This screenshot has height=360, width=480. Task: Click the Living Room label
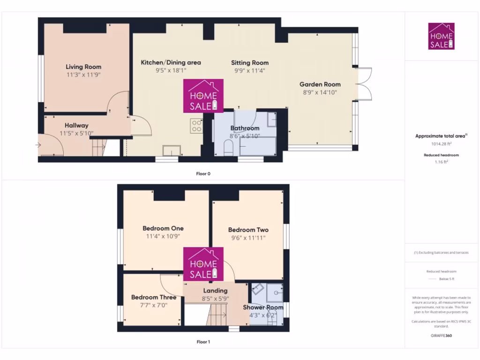pos(83,67)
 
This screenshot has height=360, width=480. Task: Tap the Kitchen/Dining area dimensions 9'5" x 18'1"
pos(171,71)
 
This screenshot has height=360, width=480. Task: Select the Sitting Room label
pos(250,63)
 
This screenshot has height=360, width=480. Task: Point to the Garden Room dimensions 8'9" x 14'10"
pos(320,92)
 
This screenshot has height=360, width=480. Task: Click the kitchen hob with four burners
pos(196,125)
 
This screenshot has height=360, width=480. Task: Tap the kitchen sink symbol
pos(171,150)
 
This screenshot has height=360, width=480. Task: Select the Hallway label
pos(76,125)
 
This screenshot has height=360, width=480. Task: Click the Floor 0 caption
pos(203,174)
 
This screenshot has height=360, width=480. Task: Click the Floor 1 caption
pos(203,342)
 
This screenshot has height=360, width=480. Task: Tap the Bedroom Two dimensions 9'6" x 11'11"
pos(248,238)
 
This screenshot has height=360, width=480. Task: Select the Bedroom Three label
pos(154,297)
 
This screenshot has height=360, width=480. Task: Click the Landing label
pos(215,291)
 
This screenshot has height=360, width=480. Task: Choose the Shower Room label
pos(263,307)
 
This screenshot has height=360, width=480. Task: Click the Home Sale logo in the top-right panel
pos(441,36)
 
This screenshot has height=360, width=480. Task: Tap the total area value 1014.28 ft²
pos(441,144)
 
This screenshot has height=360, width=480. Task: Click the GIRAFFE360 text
pos(441,336)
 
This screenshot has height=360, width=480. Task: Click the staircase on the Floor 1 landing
pos(217,314)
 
